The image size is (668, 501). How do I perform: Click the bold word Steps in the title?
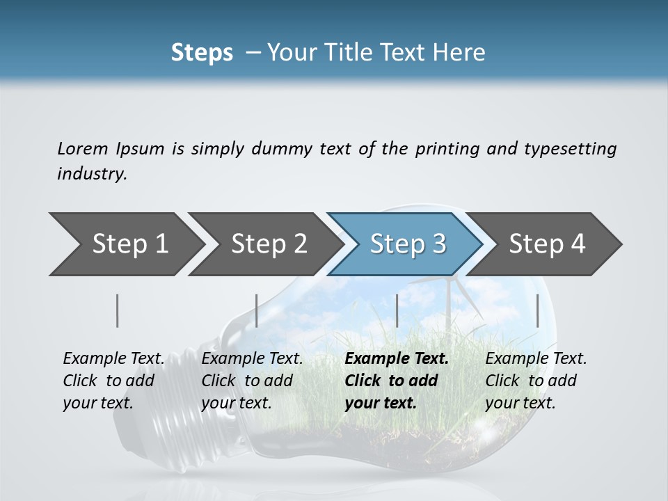tap(202, 52)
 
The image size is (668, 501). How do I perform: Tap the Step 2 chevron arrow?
tap(269, 244)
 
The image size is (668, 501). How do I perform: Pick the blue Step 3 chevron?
tap(407, 244)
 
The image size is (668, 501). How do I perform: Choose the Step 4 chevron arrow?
tap(547, 244)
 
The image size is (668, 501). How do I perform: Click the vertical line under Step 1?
tap(118, 310)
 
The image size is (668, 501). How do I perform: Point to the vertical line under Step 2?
tap(257, 310)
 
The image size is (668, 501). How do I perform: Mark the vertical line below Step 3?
tap(397, 310)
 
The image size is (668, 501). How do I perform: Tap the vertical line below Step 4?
tap(537, 310)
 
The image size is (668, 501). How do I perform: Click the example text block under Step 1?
tap(113, 381)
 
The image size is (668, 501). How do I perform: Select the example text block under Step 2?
tap(251, 381)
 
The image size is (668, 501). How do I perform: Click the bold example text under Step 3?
tap(396, 381)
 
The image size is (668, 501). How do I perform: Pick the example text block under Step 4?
tap(535, 381)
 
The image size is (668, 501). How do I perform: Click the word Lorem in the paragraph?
tap(82, 148)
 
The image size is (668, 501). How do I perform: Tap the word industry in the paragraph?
tap(91, 174)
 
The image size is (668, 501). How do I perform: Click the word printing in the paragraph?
tap(446, 148)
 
